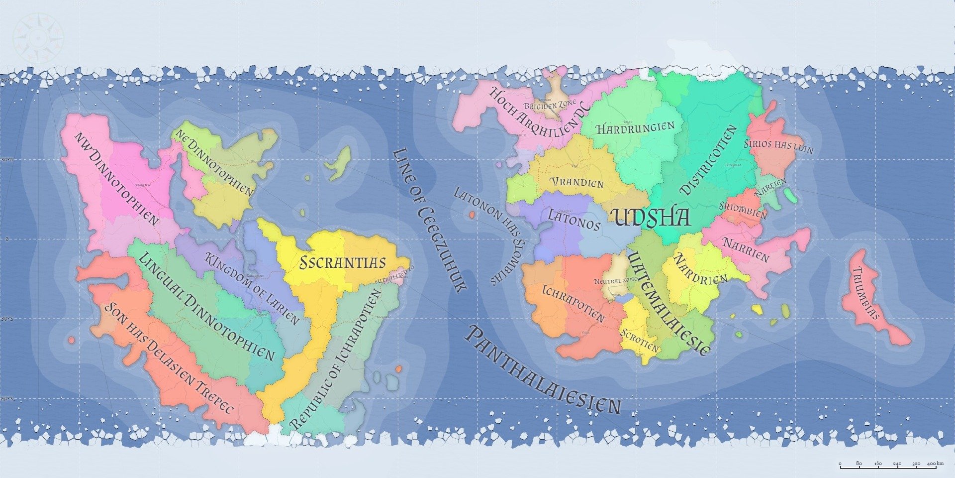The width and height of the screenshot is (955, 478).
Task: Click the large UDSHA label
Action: point(651,218)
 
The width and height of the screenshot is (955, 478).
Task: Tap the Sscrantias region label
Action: point(343,262)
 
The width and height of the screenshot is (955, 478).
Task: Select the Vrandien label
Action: point(577,182)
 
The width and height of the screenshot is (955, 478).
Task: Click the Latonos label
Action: point(574,219)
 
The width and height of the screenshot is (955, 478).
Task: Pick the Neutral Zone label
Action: point(616,281)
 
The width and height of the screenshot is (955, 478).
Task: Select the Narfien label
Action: point(770,187)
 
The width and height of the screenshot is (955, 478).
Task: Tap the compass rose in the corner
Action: point(38,38)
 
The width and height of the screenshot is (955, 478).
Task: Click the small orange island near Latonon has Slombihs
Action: point(471,215)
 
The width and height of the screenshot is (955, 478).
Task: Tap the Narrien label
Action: point(746,249)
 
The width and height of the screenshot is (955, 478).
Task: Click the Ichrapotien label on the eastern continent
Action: point(573,303)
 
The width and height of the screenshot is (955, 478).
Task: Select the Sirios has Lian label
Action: point(778,146)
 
